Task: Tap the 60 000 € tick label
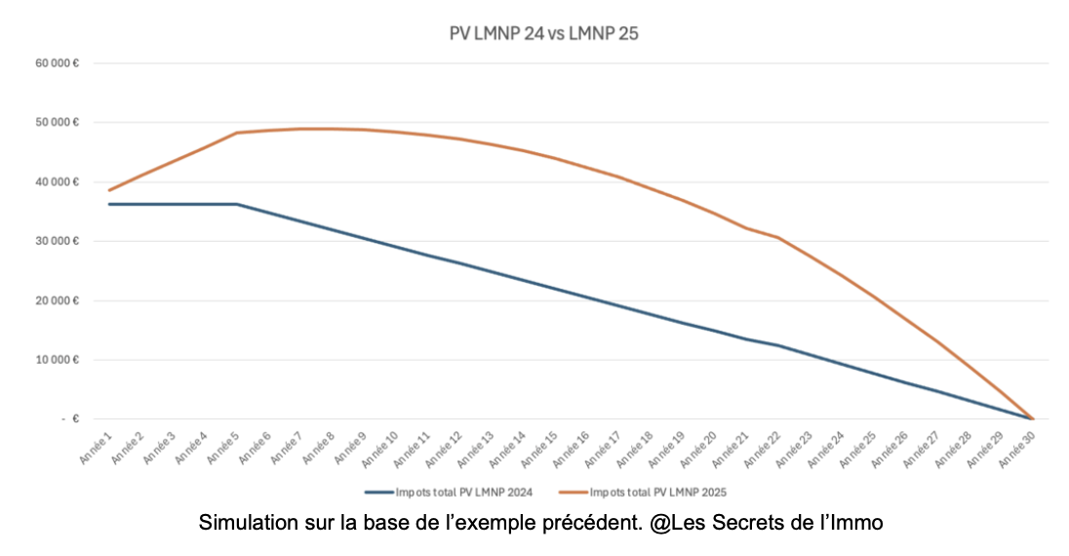tap(57, 63)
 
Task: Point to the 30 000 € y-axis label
tap(57, 241)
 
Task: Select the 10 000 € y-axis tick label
tap(57, 360)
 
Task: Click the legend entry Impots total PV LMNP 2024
tap(449, 492)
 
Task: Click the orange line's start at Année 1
tap(109, 190)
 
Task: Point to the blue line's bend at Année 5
tap(237, 204)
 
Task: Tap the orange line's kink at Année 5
tap(237, 133)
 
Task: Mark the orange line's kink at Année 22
tap(778, 238)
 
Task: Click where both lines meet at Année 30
tap(1033, 418)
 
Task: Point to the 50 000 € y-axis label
tap(57, 123)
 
